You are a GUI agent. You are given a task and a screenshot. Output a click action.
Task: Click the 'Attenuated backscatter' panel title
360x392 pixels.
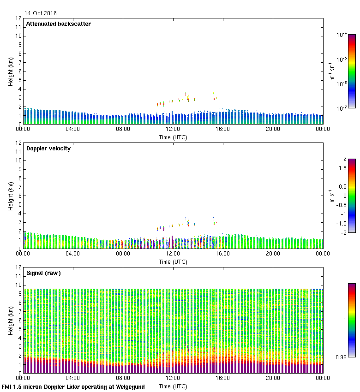pos(59,24)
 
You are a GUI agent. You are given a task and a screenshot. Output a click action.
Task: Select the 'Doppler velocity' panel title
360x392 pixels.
pos(48,148)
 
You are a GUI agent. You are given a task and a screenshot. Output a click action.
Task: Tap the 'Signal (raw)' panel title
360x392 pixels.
pos(44,273)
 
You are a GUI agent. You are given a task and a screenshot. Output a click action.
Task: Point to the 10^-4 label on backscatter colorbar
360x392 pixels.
pos(342,35)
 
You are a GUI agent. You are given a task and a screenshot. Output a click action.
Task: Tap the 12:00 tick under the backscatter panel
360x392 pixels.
pos(173,129)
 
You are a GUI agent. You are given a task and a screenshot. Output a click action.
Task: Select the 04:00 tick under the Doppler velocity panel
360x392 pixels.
pos(73,254)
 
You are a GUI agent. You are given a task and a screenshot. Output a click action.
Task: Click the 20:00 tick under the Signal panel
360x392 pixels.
pos(273,378)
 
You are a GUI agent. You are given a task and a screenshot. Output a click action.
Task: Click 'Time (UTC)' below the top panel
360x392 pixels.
pos(173,137)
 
